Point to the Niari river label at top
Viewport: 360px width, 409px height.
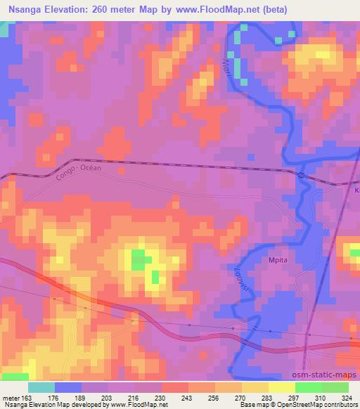[x=226, y=66]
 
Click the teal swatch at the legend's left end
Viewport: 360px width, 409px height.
[x=41, y=387]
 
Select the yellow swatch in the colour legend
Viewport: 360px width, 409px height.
[x=281, y=387]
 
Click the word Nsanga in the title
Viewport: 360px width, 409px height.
[x=25, y=8]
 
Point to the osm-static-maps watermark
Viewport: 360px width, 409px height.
[x=329, y=375]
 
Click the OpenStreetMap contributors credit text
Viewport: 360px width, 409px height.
[x=322, y=405]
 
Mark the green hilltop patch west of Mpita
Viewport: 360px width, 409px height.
[x=141, y=259]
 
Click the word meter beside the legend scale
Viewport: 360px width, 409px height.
[x=13, y=397]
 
